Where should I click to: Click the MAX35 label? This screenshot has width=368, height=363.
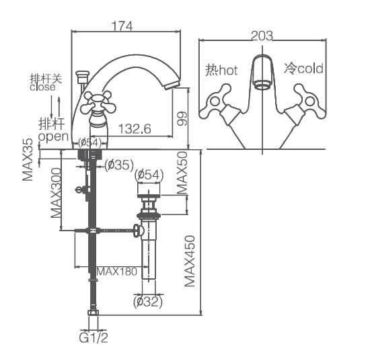[x=28, y=160]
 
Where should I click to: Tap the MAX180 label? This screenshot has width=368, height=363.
[x=116, y=272]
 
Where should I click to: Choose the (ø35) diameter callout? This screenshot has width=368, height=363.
[x=118, y=165]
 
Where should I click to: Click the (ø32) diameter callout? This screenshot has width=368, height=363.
[x=148, y=302]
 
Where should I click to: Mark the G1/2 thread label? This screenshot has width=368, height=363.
[x=94, y=338]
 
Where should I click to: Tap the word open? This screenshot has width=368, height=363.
[x=53, y=136]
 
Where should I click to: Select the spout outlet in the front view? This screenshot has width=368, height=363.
[x=262, y=85]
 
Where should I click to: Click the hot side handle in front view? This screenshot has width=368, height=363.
[x=216, y=100]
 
